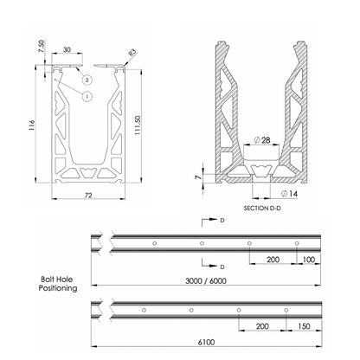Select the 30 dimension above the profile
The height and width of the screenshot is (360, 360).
(67, 49)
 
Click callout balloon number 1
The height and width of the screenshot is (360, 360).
(87, 96)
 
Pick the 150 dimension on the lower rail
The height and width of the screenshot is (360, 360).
(303, 327)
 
